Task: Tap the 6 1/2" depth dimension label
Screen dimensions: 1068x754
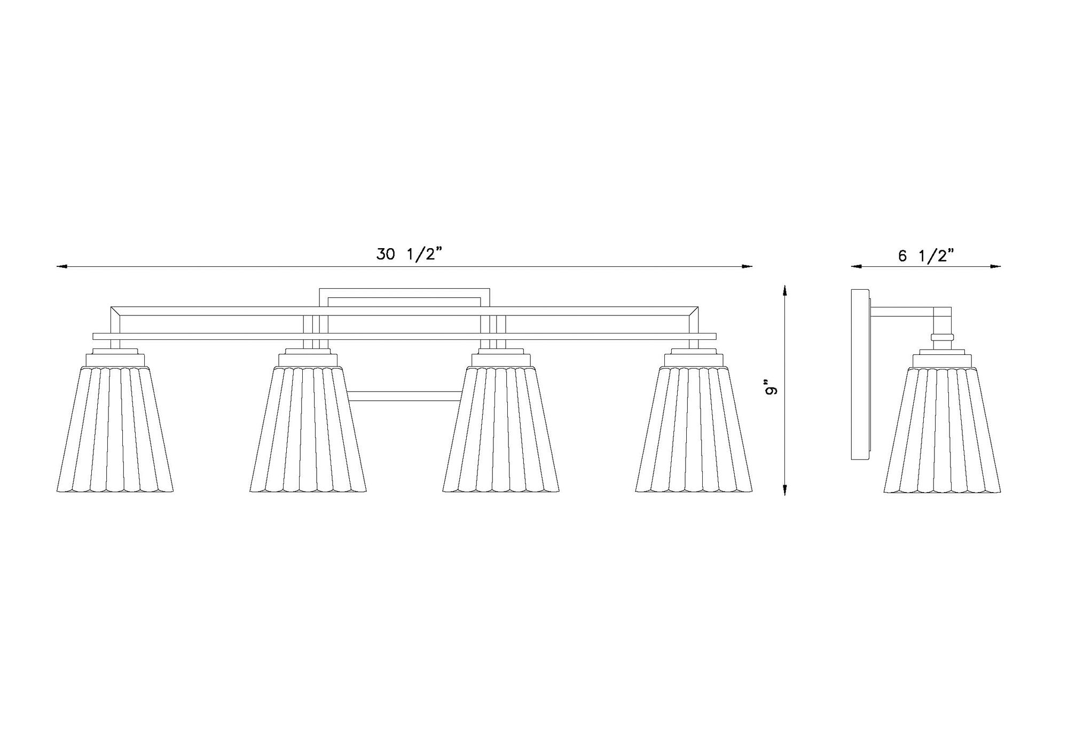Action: point(925,256)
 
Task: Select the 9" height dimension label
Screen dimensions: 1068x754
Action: point(770,388)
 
